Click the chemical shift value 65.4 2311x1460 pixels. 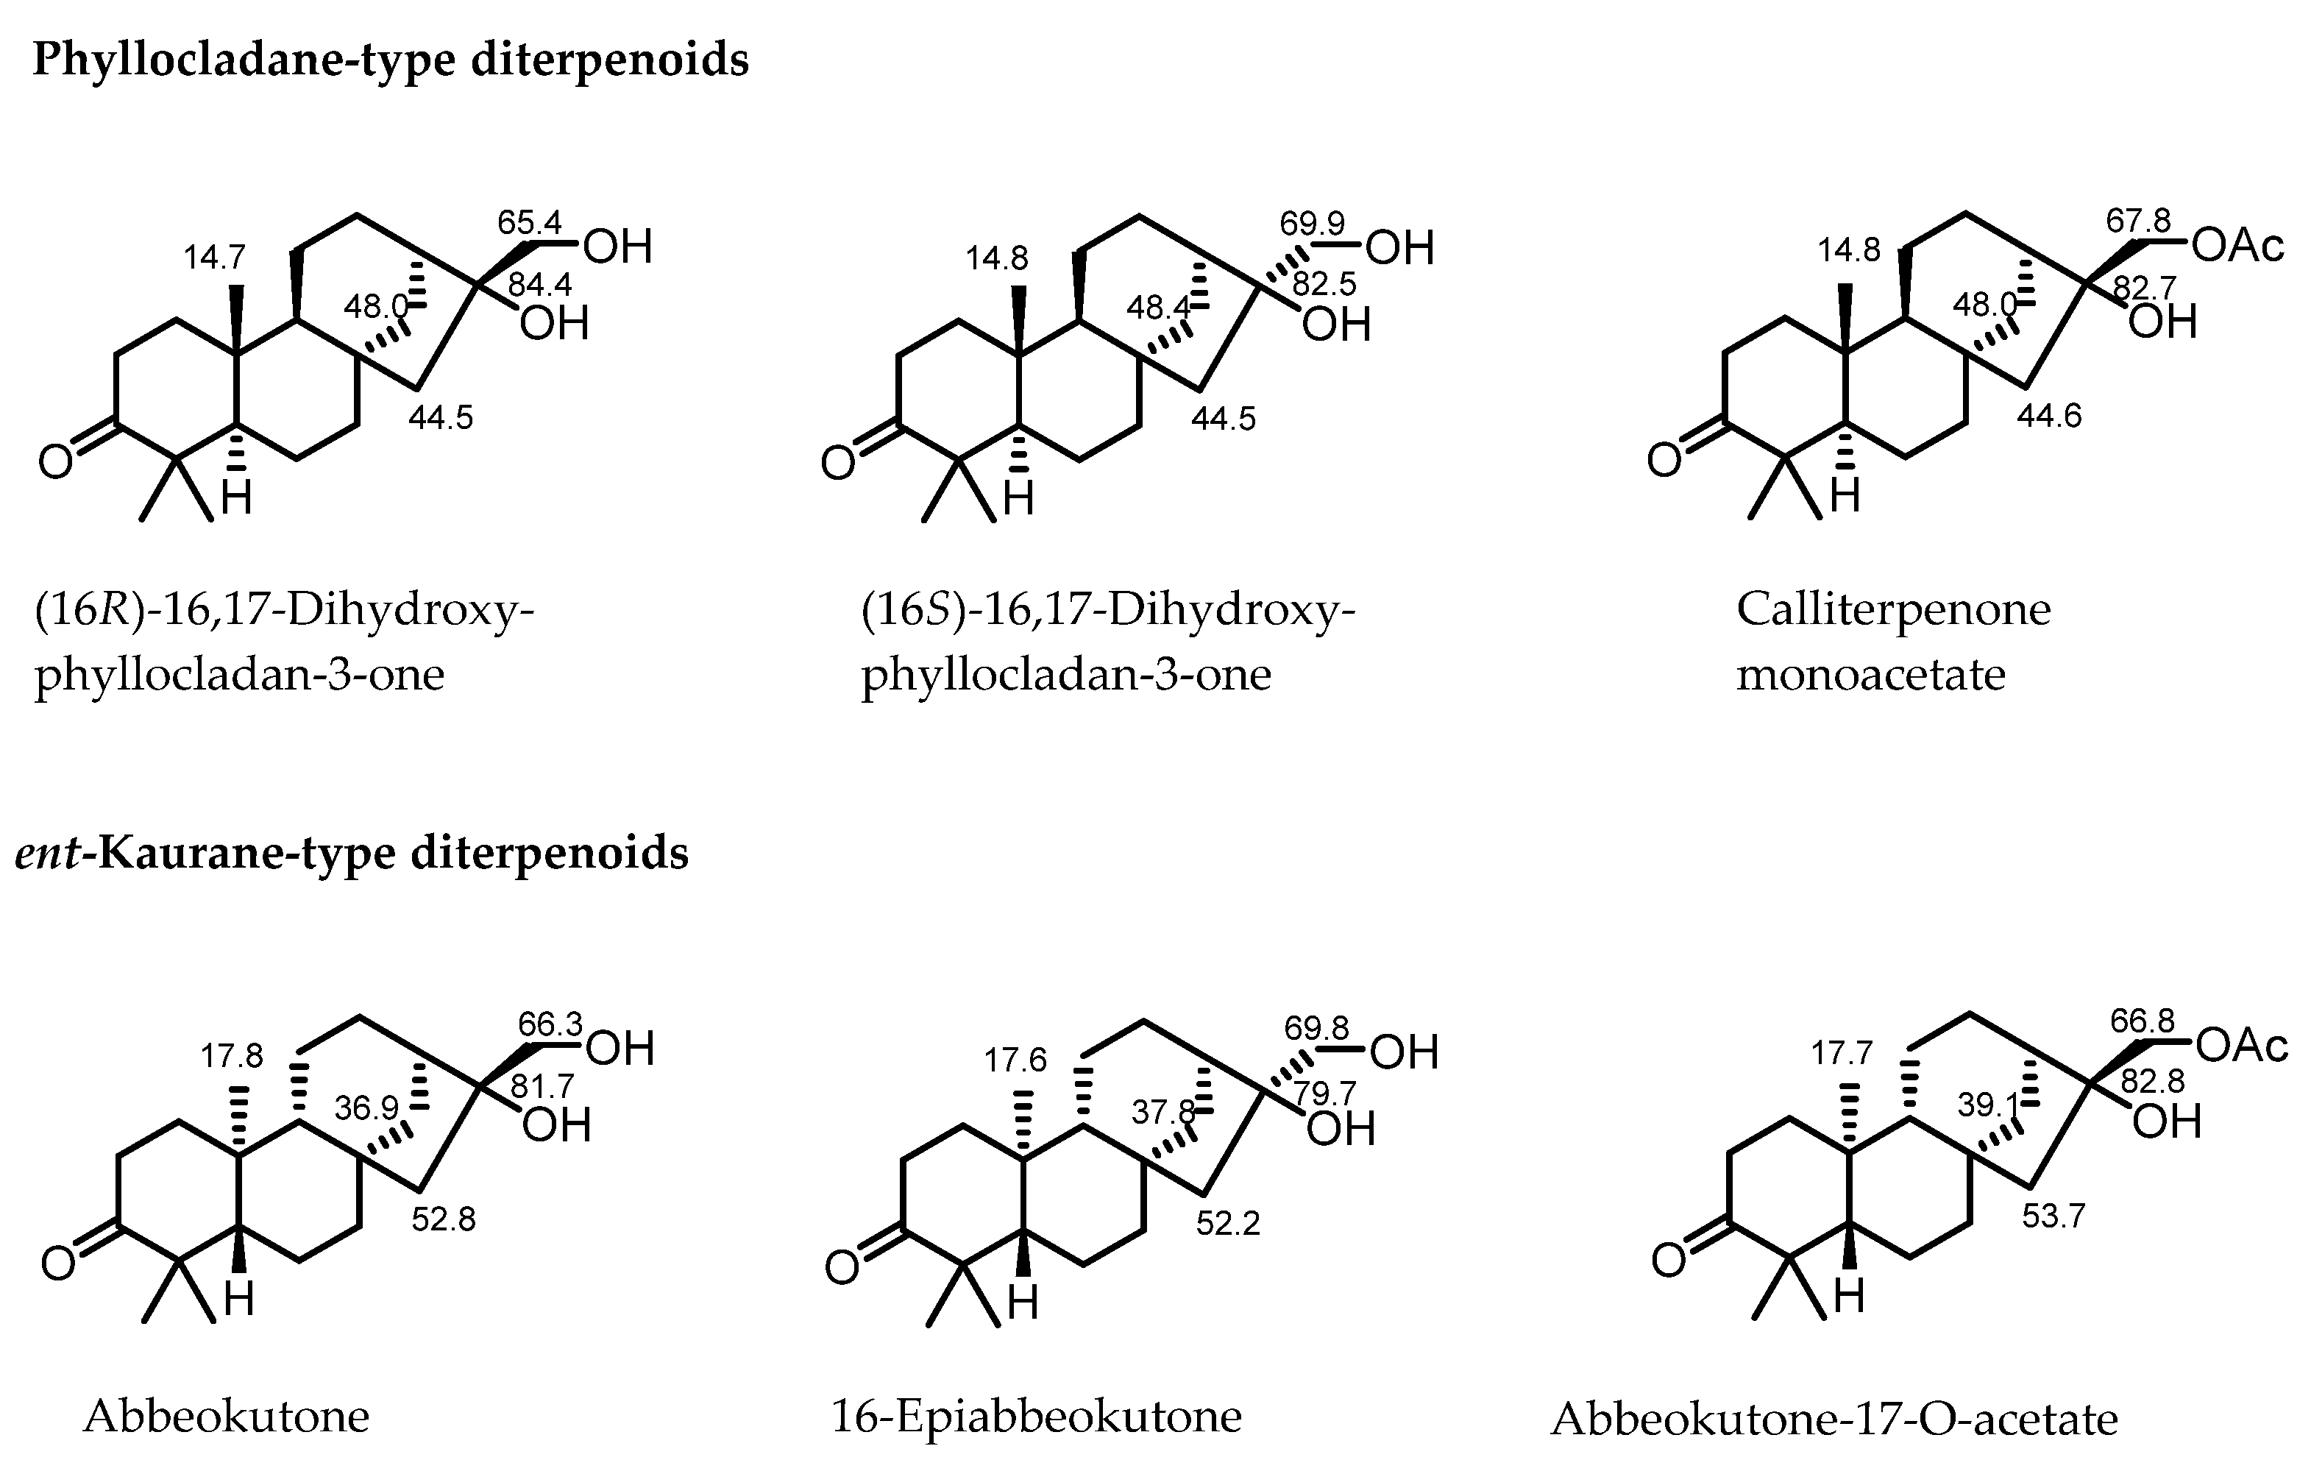(x=529, y=223)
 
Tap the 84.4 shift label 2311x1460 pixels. (x=540, y=285)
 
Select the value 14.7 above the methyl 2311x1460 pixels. (x=215, y=258)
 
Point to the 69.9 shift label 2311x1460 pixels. (x=1312, y=224)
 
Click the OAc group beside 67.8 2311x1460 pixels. (x=2239, y=246)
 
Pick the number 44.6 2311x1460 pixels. (x=2049, y=416)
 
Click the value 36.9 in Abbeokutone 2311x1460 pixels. (x=366, y=1109)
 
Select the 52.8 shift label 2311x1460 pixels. (x=444, y=1219)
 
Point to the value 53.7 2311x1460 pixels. (x=2053, y=1216)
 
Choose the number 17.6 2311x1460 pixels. (x=1015, y=1060)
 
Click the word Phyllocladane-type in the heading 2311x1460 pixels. (x=244, y=60)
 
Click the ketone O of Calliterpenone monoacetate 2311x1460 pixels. (x=1664, y=461)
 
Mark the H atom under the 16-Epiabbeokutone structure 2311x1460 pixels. (x=1022, y=1303)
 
